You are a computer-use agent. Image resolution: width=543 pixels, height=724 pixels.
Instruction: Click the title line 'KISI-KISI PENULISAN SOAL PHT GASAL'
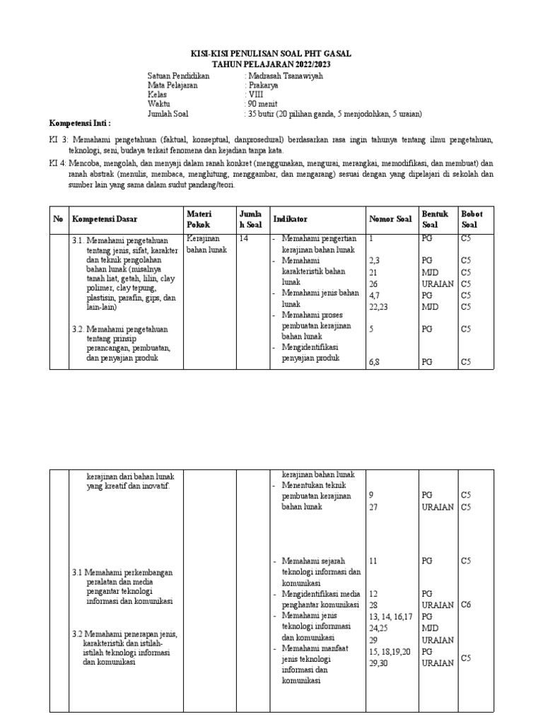pyautogui.click(x=271, y=54)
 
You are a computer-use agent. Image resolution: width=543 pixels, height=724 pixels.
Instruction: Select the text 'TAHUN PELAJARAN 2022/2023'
pyautogui.click(x=271, y=64)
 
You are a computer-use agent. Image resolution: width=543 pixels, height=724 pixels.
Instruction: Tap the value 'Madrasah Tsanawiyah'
pyautogui.click(x=285, y=76)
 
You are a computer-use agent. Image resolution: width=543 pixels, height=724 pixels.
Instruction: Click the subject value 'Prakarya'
pyautogui.click(x=263, y=85)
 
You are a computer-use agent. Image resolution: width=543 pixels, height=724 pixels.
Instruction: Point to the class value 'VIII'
pyautogui.click(x=255, y=94)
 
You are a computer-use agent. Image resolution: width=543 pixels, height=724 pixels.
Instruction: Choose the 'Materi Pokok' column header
pyautogui.click(x=199, y=219)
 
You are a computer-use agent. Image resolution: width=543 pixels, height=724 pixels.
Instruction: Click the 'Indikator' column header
pyautogui.click(x=290, y=220)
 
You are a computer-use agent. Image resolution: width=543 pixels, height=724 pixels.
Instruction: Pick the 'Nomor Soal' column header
pyautogui.click(x=390, y=220)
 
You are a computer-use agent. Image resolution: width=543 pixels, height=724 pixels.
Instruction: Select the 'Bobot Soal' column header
pyautogui.click(x=472, y=219)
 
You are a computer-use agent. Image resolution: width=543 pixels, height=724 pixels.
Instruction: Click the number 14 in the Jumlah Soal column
pyautogui.click(x=244, y=240)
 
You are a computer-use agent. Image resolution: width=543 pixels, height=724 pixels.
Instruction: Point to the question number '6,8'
pyautogui.click(x=375, y=362)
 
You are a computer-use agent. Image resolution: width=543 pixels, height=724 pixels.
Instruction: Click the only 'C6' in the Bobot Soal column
pyautogui.click(x=466, y=605)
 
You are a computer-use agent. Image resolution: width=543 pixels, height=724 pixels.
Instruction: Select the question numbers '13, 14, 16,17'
pyautogui.click(x=391, y=617)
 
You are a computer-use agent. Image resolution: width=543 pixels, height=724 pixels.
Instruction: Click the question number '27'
pyautogui.click(x=373, y=507)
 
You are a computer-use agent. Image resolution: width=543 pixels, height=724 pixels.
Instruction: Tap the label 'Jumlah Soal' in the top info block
pyautogui.click(x=168, y=112)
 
